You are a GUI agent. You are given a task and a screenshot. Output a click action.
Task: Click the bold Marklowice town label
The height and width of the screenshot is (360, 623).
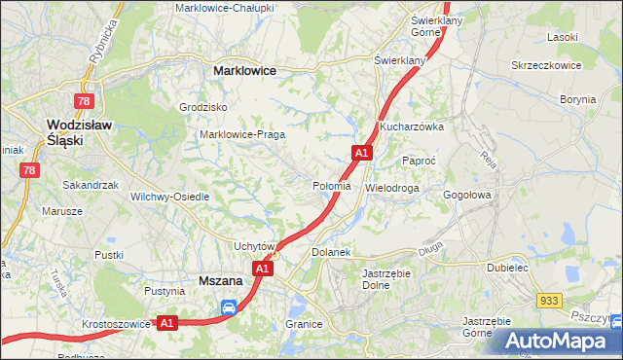pos(244,71)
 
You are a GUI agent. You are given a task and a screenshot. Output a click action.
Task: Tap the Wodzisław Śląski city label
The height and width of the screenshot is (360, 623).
pos(79,131)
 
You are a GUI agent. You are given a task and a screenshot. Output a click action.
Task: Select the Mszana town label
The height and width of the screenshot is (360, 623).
pos(220,280)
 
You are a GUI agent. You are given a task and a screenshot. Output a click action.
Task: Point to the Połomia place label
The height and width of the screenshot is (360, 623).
pos(331,186)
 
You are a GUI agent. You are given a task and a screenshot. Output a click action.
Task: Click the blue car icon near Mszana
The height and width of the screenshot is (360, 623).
pos(229,308)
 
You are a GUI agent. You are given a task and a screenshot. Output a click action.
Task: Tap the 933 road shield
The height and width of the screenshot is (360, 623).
pos(551,304)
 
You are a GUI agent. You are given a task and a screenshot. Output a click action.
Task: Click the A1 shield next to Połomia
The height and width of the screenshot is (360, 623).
pos(362,153)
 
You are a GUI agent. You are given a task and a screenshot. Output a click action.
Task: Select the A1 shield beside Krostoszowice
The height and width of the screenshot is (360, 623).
pos(166,323)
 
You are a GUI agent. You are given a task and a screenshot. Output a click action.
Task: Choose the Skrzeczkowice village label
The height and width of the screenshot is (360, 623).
pos(546,65)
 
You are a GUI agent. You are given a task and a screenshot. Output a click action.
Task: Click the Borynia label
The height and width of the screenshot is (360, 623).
pos(577,99)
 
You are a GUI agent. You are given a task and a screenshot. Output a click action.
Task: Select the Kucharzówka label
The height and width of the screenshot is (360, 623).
pos(412,126)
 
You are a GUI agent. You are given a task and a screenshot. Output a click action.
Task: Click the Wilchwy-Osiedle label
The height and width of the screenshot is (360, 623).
pos(170,197)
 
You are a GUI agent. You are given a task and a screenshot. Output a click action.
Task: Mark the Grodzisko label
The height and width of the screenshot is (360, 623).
pos(203,107)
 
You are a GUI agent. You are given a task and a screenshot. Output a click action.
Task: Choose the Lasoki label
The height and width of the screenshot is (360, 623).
pos(563,37)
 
